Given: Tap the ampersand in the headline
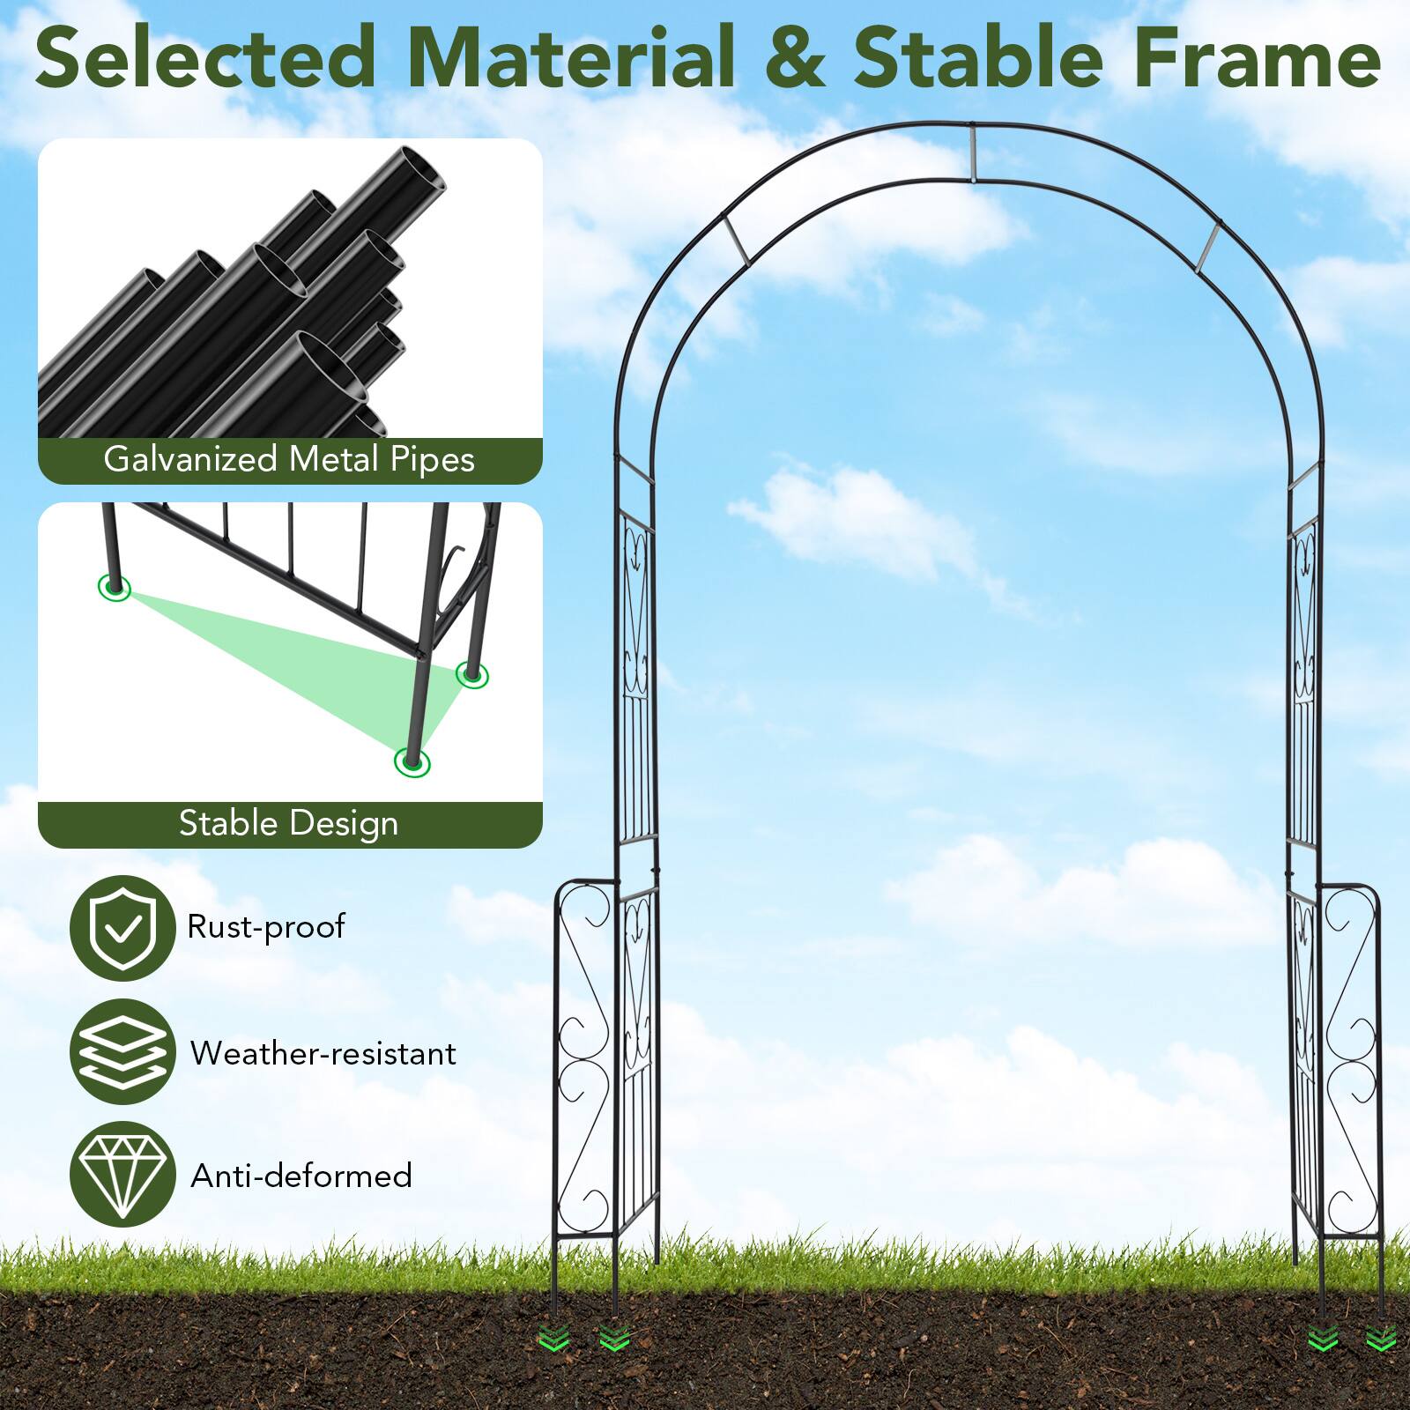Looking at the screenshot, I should [794, 58].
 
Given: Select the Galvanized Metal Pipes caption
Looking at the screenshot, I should [289, 459].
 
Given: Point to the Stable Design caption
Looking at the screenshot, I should [289, 824].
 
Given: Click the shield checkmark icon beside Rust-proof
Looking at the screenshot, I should [122, 927].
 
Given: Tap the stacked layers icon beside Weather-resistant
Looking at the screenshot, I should [122, 1051].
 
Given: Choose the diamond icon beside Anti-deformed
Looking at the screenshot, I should [122, 1174].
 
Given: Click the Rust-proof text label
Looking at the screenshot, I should [265, 927].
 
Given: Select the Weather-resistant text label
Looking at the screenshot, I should [323, 1053].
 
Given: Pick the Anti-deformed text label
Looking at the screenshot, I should [301, 1176].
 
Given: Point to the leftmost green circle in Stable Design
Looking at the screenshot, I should [115, 588].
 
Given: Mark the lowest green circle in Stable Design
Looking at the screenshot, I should [412, 761].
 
